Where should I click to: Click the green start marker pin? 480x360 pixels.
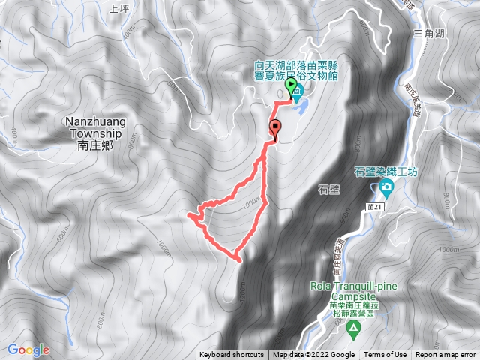(x=290, y=88)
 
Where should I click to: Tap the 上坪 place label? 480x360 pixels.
(x=119, y=9)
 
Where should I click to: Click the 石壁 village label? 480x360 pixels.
(x=329, y=189)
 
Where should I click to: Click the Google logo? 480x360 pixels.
(x=28, y=349)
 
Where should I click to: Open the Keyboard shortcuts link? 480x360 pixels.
(x=232, y=355)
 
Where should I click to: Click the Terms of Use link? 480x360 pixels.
(x=385, y=355)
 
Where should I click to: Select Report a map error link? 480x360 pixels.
(x=446, y=355)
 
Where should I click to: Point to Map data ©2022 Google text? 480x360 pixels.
(x=313, y=355)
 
